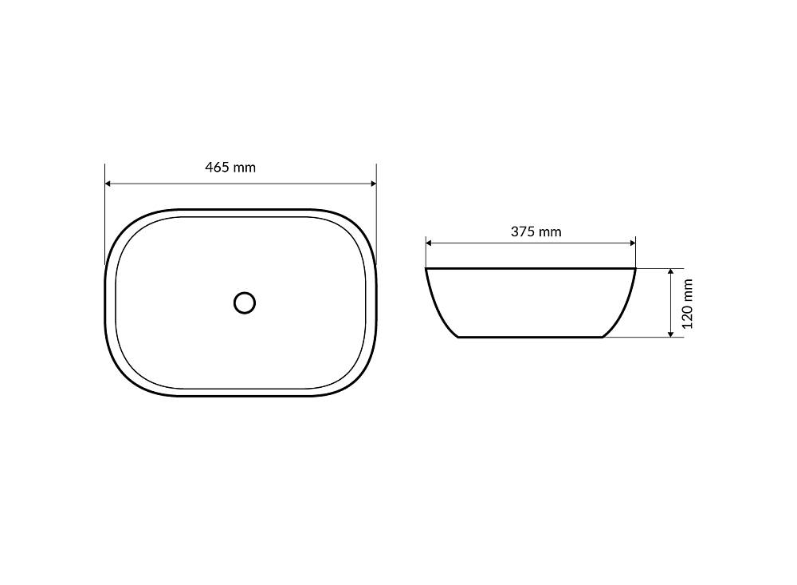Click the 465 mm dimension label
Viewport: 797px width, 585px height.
click(x=230, y=167)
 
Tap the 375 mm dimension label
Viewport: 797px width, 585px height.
click(x=536, y=231)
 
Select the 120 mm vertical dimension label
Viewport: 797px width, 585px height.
click(x=688, y=303)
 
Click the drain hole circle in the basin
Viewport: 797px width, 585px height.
click(x=245, y=303)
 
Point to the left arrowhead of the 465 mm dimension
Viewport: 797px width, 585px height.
click(x=108, y=184)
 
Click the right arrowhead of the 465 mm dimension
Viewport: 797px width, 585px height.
click(x=373, y=184)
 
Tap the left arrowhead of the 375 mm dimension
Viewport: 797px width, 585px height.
click(x=429, y=243)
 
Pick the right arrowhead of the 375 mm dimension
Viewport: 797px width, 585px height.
click(x=632, y=243)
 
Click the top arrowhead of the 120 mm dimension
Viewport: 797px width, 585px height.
click(x=671, y=272)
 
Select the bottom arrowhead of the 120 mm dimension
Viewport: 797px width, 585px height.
click(x=671, y=334)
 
